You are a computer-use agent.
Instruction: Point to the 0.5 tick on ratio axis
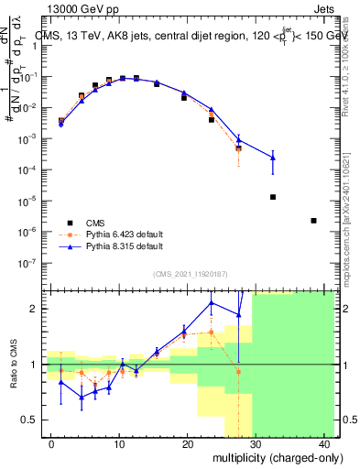[x=32, y=420]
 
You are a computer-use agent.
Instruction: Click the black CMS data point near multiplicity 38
[x=313, y=221]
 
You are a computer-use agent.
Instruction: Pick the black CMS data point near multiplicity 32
[x=273, y=197]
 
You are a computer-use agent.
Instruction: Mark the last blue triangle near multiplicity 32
[x=273, y=158]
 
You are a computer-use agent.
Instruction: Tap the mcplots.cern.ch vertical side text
[x=350, y=220]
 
